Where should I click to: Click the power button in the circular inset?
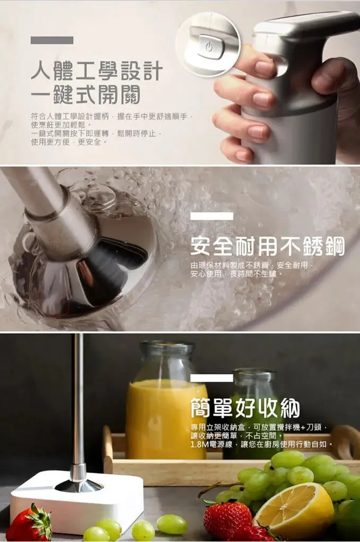[x=208, y=46]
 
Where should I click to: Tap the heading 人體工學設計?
[x=96, y=71]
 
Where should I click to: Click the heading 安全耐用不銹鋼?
[x=267, y=246]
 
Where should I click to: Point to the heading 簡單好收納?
[x=245, y=408]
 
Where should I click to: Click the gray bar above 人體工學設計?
[x=52, y=40]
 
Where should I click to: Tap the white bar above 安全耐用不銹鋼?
[x=211, y=216]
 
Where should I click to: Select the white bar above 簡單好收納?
[x=211, y=378]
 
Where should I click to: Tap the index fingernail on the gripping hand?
[x=264, y=68]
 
